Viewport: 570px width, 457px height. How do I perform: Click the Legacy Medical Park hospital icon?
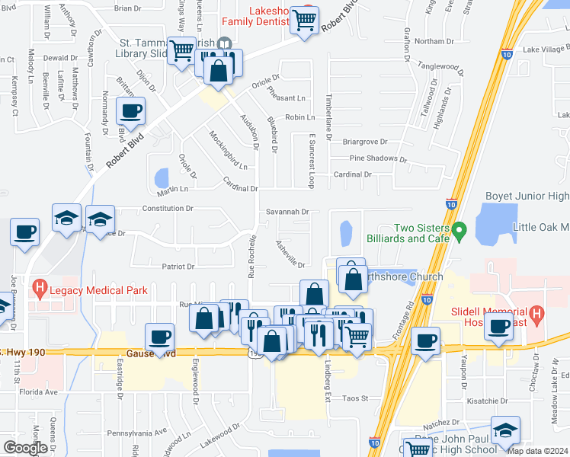coord(39,289)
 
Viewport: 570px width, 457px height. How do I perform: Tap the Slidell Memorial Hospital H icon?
coord(537,314)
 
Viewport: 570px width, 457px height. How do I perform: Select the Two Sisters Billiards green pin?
coord(458,228)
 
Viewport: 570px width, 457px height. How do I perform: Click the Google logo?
coord(25,448)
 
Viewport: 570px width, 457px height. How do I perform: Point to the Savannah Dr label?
coord(286,212)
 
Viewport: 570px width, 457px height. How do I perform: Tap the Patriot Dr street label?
coord(178,267)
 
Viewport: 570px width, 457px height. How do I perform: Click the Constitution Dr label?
coord(167,208)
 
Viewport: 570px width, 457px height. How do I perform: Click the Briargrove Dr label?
coord(365,141)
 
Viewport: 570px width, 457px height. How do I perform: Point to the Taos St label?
coord(354,398)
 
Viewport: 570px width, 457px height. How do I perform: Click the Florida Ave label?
coord(40,392)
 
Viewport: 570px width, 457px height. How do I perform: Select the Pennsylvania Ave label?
coord(137,432)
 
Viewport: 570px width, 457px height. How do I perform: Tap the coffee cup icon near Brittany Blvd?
coord(130,111)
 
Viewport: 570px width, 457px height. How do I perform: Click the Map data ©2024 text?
coord(536,450)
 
